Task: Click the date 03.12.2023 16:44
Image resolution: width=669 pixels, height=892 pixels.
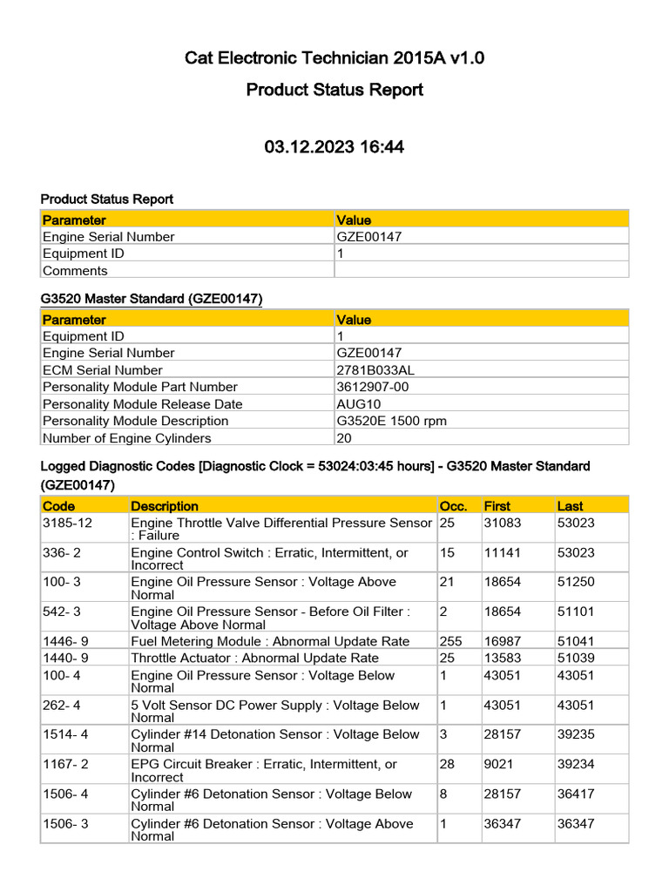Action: pyautogui.click(x=334, y=147)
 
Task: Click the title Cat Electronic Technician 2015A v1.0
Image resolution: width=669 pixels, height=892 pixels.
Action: pyautogui.click(x=334, y=58)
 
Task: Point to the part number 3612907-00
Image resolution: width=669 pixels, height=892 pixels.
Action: pyautogui.click(x=372, y=387)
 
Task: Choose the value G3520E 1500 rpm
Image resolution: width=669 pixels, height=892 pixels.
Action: pyautogui.click(x=391, y=421)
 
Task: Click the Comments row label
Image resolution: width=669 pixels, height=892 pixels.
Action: pyautogui.click(x=75, y=271)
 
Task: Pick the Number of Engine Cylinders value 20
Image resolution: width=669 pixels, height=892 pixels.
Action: pyautogui.click(x=344, y=438)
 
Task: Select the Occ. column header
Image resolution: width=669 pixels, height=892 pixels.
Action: pyautogui.click(x=453, y=506)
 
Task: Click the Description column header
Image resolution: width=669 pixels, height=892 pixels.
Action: pyautogui.click(x=165, y=506)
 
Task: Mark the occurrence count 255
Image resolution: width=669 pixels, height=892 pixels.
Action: pyautogui.click(x=450, y=641)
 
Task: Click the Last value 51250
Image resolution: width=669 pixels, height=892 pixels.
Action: pyautogui.click(x=576, y=582)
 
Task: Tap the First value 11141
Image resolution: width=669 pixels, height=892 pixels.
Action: pyautogui.click(x=502, y=552)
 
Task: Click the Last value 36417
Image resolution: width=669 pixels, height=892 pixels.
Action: pyautogui.click(x=576, y=794)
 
